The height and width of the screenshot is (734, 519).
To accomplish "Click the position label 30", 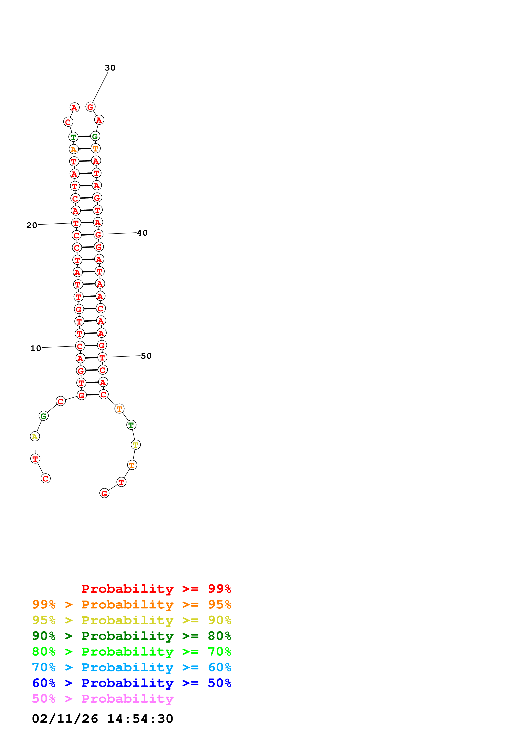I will (x=110, y=68).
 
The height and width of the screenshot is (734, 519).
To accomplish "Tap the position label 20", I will (x=32, y=225).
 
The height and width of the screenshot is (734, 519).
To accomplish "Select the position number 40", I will (x=142, y=233).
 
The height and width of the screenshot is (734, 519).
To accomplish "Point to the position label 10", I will (x=36, y=348).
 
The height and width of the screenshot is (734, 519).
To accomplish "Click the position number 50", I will (x=146, y=356).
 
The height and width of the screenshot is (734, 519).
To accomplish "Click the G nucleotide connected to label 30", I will (x=90, y=107).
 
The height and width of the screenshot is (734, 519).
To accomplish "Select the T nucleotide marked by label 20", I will (x=76, y=223).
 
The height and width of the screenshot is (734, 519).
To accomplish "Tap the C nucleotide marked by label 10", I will (x=80, y=346).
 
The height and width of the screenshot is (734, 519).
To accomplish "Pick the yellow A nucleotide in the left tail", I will (x=35, y=436).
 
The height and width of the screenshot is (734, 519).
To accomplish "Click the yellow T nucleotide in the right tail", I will (x=136, y=445).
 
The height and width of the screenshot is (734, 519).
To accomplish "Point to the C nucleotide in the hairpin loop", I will (x=68, y=122).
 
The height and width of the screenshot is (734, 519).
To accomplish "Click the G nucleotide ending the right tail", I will (x=104, y=493).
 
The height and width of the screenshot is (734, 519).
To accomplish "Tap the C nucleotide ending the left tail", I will (x=46, y=479).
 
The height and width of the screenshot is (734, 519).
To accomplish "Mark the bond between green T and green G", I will (x=84, y=136).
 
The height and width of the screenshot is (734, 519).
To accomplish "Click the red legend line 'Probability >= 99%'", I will (x=156, y=589).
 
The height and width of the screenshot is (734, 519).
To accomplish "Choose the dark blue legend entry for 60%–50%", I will (x=131, y=683).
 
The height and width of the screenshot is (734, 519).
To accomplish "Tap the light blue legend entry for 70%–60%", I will (x=131, y=667).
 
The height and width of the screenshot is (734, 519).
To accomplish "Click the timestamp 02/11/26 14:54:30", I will (x=103, y=719).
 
